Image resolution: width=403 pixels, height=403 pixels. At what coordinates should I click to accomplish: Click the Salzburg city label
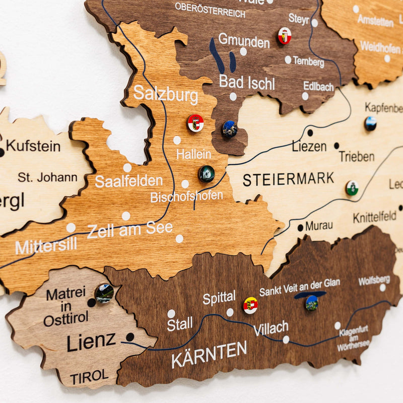(x=165, y=93)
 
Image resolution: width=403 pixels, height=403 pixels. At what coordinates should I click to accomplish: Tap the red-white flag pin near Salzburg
(x=195, y=123)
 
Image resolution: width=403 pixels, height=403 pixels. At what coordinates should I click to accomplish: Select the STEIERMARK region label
(x=288, y=179)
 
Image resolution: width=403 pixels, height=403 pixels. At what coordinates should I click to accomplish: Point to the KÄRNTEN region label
(x=209, y=354)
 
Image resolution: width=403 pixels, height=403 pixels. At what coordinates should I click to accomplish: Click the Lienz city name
(x=91, y=342)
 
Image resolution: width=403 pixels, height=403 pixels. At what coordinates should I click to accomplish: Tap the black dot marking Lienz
(x=130, y=337)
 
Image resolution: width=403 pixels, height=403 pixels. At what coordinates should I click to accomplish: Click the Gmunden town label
(x=244, y=41)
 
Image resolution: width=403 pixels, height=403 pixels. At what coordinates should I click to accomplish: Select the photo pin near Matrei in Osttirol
(x=104, y=293)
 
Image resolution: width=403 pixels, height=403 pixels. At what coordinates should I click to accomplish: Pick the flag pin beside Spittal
(x=250, y=305)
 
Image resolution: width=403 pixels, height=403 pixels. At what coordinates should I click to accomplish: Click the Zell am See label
(x=130, y=230)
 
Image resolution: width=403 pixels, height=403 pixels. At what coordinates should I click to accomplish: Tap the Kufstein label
(x=33, y=147)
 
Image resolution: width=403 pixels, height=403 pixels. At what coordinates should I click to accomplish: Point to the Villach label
(x=271, y=328)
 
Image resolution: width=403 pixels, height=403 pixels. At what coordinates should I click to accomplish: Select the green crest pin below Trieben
(x=352, y=188)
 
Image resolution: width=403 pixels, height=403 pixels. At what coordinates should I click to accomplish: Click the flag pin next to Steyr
(x=285, y=35)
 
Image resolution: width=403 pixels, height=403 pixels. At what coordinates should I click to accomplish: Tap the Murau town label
(x=319, y=226)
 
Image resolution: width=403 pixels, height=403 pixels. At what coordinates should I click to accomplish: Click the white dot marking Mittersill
(x=71, y=228)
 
